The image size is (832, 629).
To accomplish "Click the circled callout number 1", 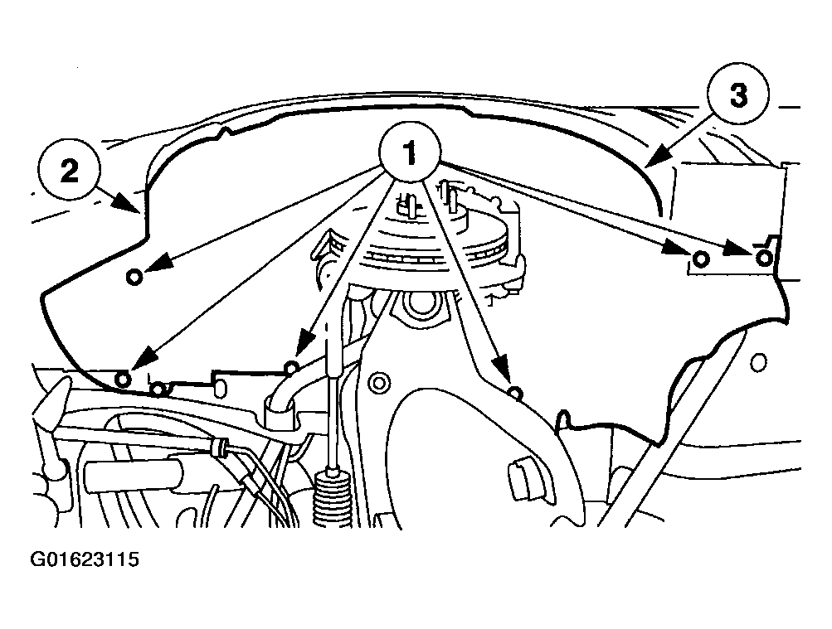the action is pos(410,153).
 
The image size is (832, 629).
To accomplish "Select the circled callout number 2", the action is pos(69,170).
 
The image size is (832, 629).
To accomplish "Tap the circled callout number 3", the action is pos(738,95).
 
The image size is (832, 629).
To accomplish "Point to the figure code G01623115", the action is pos(85,559).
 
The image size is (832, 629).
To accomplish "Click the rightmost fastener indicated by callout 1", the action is pos(763,258).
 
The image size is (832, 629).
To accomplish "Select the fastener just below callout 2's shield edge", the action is pos(134,276).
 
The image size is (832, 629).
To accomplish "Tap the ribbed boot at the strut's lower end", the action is pos(332,496).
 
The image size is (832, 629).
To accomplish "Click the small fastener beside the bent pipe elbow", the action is pos(291,366).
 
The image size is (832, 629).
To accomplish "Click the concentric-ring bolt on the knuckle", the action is pos(378,383).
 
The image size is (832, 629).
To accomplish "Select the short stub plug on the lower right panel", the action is pos(521,480).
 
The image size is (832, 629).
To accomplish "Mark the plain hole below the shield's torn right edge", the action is pos(759,362).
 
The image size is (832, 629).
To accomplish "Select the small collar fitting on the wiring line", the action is pos(217,447).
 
